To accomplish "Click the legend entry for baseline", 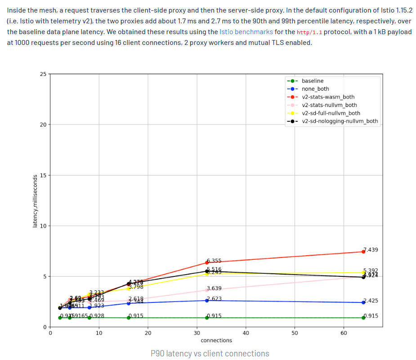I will tap(313, 81).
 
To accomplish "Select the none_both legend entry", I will tap(315, 89).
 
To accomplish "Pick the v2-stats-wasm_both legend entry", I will tap(328, 97).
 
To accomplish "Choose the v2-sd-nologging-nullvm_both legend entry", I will tap(340, 121).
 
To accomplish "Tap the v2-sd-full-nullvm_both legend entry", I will tap(331, 113).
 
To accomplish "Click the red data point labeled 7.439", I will tap(363, 252).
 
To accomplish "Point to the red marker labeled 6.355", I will tap(207, 262).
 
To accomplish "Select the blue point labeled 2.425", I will tap(363, 302).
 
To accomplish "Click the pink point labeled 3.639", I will tap(207, 290).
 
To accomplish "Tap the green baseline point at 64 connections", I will tap(363, 318).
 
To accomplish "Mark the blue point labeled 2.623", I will tap(207, 300).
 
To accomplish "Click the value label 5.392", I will tap(371, 271).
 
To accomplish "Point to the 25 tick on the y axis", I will tap(42, 74).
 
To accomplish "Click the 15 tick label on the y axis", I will tap(42, 175).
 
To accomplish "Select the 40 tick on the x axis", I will tap(246, 333).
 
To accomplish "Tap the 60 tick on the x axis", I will tap(344, 333).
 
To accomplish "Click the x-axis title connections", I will tap(216, 340).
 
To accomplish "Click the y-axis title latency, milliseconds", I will tap(35, 200).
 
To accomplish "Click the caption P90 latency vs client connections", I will tap(210, 353).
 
